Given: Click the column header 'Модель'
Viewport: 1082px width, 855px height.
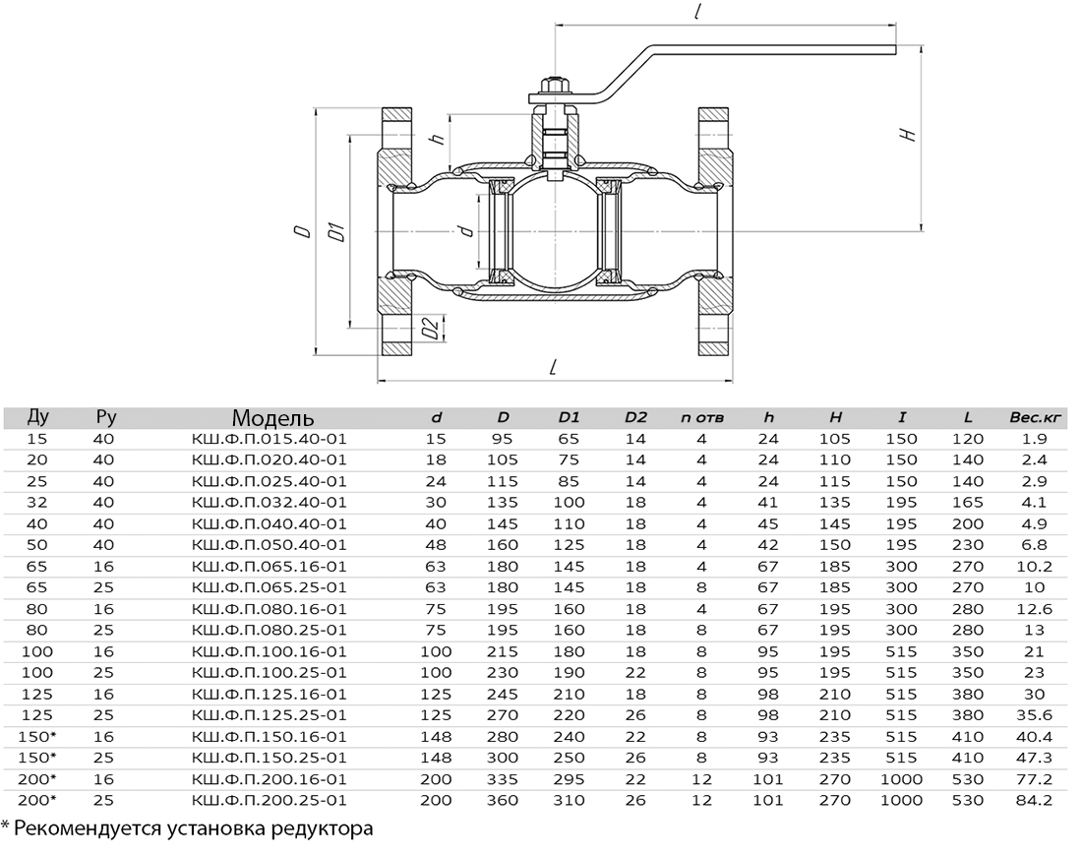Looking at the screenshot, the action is pyautogui.click(x=272, y=417).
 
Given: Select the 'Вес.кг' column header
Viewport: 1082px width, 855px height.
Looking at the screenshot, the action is pyautogui.click(x=1035, y=417).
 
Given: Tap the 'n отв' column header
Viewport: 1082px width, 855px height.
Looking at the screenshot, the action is pyautogui.click(x=701, y=417).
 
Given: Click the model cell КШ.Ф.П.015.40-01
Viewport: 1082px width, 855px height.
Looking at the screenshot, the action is pyautogui.click(x=269, y=439).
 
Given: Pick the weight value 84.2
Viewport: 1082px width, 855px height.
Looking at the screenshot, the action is pyautogui.click(x=1034, y=801).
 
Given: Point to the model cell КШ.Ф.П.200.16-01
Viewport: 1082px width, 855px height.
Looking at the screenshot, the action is pyautogui.click(x=269, y=779).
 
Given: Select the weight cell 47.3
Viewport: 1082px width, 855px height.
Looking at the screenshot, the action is pyautogui.click(x=1034, y=758).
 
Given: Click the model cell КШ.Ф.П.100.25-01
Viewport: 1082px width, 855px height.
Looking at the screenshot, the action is pyautogui.click(x=269, y=673).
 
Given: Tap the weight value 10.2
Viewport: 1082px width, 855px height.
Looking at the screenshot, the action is pyautogui.click(x=1034, y=567).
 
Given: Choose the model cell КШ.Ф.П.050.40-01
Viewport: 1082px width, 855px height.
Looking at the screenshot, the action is pyautogui.click(x=269, y=545).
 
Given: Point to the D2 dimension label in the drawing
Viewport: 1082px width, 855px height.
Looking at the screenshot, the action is pyautogui.click(x=431, y=328).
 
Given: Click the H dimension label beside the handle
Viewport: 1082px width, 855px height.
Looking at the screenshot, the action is pyautogui.click(x=909, y=134).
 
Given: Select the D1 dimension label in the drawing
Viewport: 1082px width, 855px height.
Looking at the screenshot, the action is pyautogui.click(x=337, y=232).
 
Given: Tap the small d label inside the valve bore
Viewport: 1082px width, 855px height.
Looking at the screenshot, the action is pyautogui.click(x=467, y=229).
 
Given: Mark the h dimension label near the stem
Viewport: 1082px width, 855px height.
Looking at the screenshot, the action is pyautogui.click(x=437, y=138).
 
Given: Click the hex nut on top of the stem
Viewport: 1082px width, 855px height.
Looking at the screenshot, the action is pyautogui.click(x=554, y=87).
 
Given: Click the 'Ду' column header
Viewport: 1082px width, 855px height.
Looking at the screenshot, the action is pyautogui.click(x=38, y=417).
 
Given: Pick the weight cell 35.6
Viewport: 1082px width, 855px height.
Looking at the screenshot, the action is pyautogui.click(x=1034, y=715).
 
